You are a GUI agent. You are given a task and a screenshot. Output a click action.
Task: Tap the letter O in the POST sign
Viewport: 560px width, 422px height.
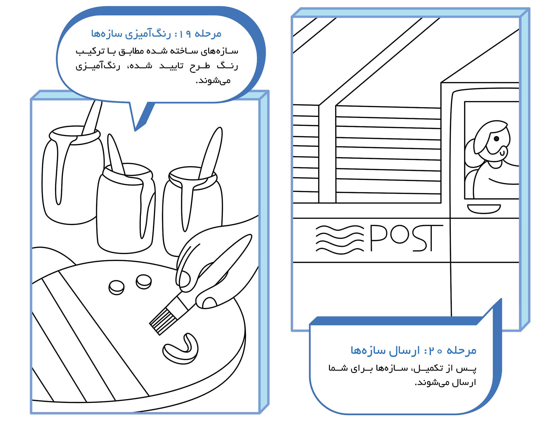coord(400,234)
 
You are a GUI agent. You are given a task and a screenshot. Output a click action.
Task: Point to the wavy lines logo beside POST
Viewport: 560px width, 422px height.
coord(340,239)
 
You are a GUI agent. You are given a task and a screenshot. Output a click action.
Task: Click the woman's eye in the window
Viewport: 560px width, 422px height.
coord(496,139)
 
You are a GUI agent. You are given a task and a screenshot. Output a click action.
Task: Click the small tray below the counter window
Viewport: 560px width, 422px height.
coord(484,209)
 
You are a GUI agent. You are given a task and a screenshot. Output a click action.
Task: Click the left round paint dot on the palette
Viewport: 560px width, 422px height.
coord(116,287)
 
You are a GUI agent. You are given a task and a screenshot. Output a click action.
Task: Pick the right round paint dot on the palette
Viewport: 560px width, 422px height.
coord(144,282)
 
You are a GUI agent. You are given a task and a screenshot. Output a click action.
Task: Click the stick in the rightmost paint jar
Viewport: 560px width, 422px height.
coord(211,153)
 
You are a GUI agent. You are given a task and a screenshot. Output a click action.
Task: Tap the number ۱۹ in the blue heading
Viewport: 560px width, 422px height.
coord(185,34)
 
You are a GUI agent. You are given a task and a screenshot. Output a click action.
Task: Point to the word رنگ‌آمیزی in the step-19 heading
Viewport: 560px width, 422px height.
coord(148,34)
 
